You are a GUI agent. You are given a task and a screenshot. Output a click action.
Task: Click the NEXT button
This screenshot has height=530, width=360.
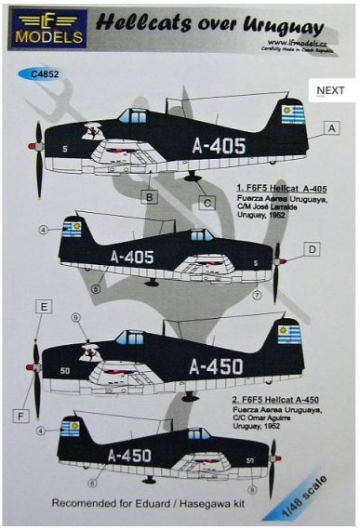[331, 91]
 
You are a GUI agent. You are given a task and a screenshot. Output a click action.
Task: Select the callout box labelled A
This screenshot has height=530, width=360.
[332, 128]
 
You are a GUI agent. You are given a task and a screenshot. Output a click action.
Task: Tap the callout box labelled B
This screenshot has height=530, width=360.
[148, 197]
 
